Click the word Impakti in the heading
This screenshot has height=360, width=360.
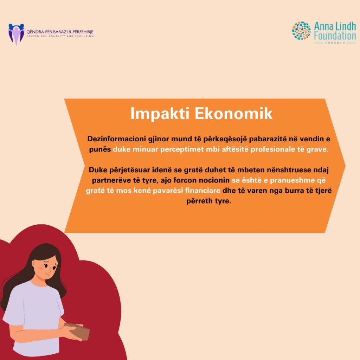[x=160, y=114]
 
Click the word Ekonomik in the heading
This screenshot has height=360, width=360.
[x=234, y=113]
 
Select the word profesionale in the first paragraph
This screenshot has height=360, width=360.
[x=273, y=149]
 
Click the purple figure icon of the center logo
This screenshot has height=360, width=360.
[x=16, y=34]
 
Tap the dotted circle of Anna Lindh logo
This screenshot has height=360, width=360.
[x=301, y=31]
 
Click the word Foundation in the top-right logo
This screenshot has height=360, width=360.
[x=335, y=36]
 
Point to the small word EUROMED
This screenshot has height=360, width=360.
[x=335, y=43]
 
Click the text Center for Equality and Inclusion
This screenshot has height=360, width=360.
[x=60, y=36]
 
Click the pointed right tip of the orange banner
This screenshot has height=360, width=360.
[x=345, y=166]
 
